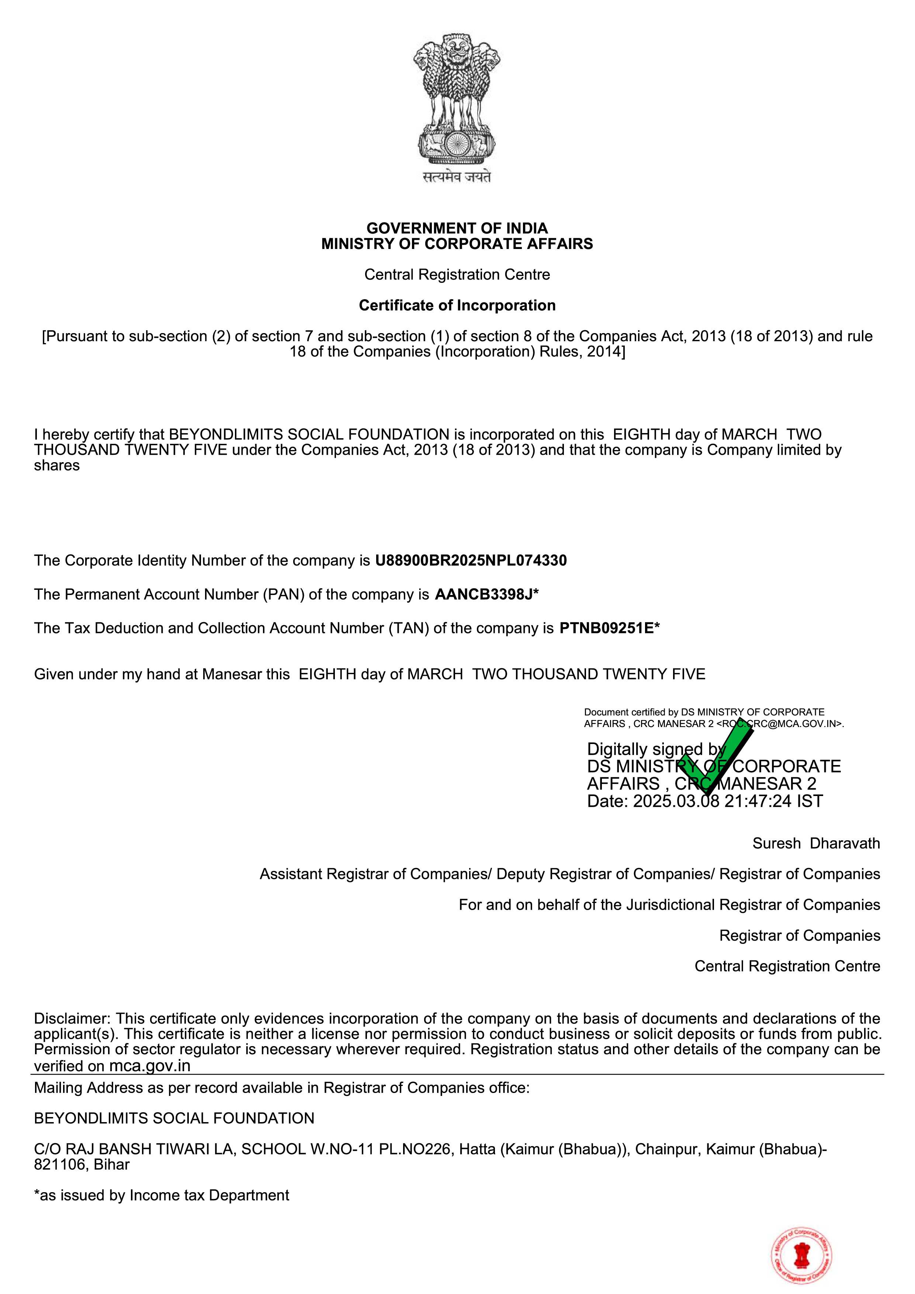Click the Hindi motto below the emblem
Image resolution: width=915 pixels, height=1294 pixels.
click(457, 177)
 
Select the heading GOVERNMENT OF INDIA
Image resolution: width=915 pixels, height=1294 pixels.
click(457, 228)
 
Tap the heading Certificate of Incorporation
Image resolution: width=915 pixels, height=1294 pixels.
click(457, 305)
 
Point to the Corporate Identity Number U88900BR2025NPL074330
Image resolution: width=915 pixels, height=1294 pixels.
click(471, 561)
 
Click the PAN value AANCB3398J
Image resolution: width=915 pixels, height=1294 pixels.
click(484, 595)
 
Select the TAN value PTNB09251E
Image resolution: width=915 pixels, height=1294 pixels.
click(606, 629)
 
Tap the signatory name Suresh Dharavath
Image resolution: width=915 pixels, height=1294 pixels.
click(816, 844)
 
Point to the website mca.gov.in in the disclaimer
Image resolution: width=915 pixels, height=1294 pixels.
click(149, 1066)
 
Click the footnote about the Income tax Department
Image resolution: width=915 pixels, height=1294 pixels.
click(162, 1196)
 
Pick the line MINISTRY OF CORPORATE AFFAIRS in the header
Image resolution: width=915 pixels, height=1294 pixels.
click(457, 244)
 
